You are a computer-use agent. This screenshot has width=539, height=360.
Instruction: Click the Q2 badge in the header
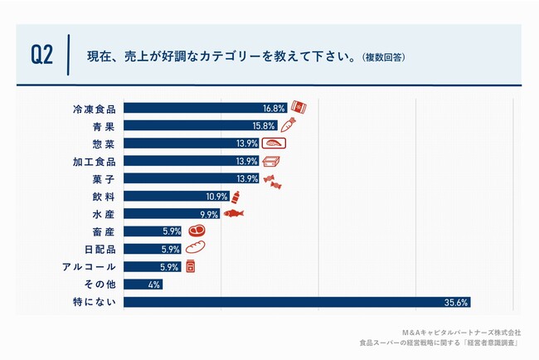(x=41, y=56)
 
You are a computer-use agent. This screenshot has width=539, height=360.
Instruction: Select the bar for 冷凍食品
(x=205, y=108)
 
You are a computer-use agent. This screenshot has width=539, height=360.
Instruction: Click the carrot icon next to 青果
(x=289, y=125)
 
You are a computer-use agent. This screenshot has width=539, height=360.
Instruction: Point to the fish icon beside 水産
(x=234, y=214)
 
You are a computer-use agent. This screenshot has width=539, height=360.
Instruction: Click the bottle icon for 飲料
(x=236, y=197)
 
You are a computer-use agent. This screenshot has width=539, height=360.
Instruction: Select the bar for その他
(x=143, y=285)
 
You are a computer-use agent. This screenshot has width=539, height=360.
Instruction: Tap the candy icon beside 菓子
(x=274, y=179)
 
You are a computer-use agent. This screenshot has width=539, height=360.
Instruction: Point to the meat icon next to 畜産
(x=196, y=231)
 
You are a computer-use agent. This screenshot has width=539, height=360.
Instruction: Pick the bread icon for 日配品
(x=196, y=249)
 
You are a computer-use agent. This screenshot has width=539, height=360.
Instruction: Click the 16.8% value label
(x=274, y=108)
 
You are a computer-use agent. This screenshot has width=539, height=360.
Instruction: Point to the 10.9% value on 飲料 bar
(x=216, y=197)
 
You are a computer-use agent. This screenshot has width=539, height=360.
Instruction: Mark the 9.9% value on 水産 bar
(x=208, y=214)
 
